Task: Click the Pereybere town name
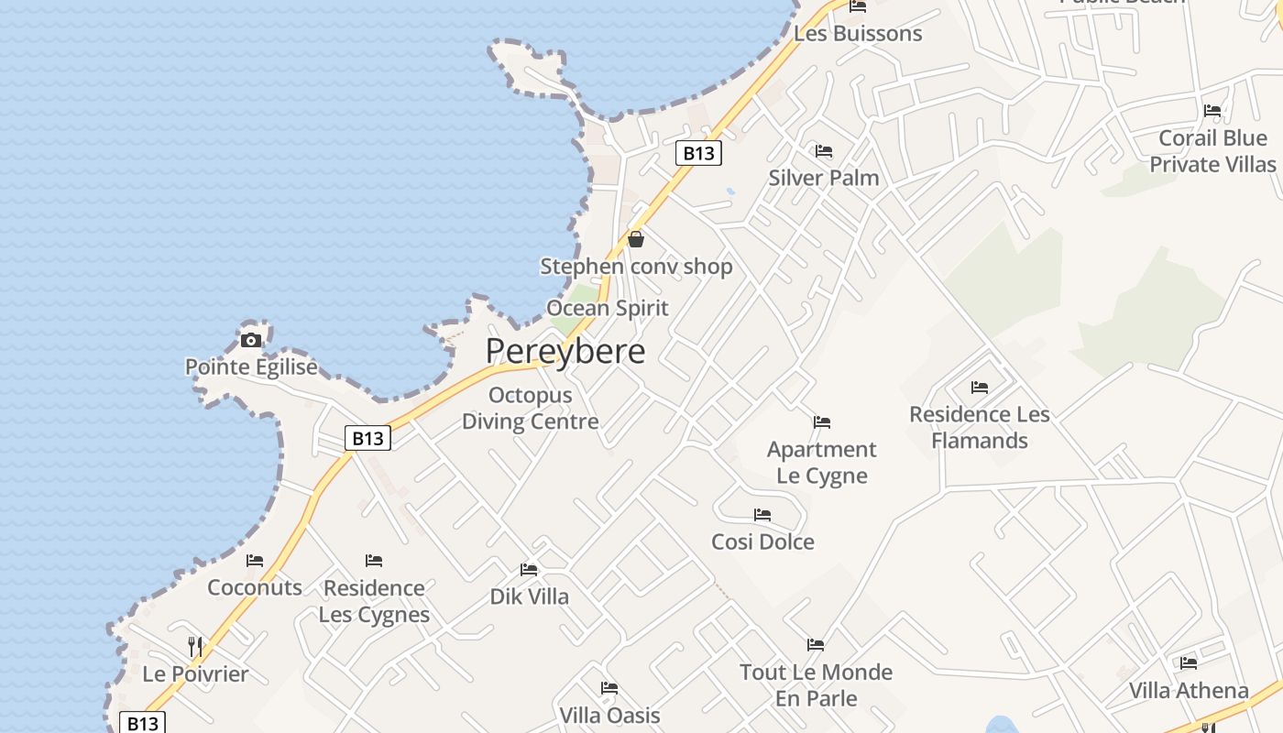(565, 351)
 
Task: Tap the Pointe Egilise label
(251, 367)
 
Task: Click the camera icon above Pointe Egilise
(250, 341)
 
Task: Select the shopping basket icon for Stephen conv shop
(636, 239)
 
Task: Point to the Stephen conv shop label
(636, 267)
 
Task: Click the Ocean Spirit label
(607, 308)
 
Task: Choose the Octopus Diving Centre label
(530, 409)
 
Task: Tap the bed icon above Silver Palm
(823, 151)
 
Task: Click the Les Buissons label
(858, 34)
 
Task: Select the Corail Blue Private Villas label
(1212, 151)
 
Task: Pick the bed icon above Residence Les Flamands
(979, 388)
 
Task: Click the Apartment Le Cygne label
(821, 462)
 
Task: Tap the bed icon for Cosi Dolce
(762, 515)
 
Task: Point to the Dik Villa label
(529, 596)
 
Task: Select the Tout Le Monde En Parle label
(816, 684)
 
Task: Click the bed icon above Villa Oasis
(609, 688)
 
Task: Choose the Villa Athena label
(1189, 690)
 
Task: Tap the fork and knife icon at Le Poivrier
(195, 647)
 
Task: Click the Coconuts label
(255, 587)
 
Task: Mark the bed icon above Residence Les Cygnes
(374, 561)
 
